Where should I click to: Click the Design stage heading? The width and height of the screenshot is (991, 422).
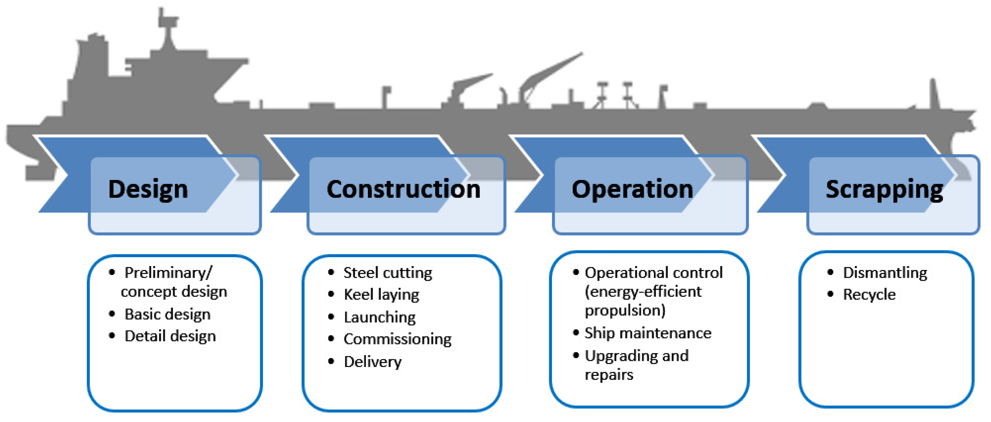click(x=148, y=189)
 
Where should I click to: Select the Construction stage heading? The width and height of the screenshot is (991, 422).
click(x=403, y=189)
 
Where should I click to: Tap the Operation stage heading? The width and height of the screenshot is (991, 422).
click(x=632, y=189)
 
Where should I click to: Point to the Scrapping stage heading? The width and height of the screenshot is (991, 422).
click(x=884, y=189)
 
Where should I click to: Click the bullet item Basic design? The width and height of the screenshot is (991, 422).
click(x=167, y=314)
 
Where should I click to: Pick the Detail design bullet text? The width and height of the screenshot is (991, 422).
click(x=170, y=336)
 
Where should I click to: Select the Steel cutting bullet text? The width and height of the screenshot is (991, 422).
click(x=388, y=273)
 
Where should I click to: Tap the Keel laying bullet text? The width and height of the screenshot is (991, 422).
click(x=381, y=295)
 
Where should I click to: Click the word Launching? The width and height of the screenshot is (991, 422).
click(x=380, y=317)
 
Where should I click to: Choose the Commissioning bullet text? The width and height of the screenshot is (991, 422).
click(x=398, y=339)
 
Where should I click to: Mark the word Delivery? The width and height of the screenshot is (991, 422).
click(x=373, y=362)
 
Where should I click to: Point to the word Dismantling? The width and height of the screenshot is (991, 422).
click(x=885, y=273)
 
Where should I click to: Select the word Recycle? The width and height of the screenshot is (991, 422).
click(x=869, y=295)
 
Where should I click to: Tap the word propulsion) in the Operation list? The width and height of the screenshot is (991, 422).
click(x=625, y=310)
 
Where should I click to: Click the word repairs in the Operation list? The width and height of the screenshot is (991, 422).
click(x=608, y=374)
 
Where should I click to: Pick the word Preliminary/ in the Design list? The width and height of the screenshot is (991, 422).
click(x=168, y=273)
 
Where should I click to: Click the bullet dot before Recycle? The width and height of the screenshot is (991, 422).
click(x=830, y=294)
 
